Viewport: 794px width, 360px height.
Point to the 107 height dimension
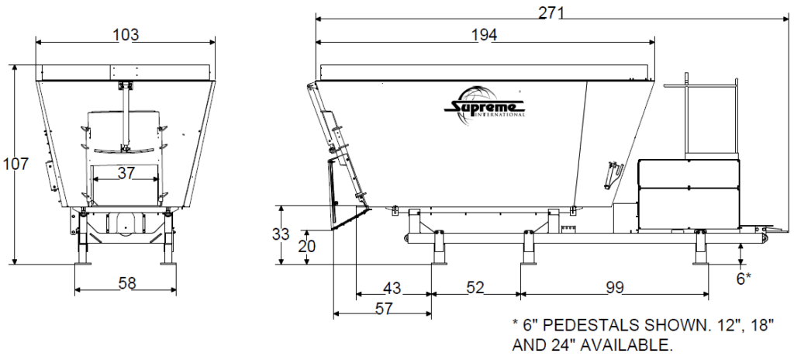(16, 164)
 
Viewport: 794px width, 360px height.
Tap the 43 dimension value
(392, 288)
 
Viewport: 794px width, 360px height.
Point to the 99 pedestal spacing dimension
(615, 288)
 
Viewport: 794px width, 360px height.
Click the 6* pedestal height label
(743, 278)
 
